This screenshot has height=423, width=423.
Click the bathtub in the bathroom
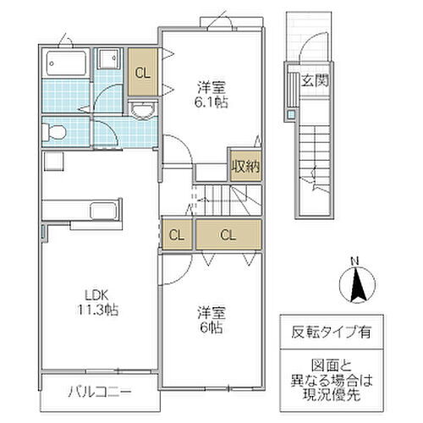(x=65, y=63)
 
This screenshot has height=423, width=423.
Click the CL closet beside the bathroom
(x=143, y=72)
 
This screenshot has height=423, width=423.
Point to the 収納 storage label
(x=243, y=166)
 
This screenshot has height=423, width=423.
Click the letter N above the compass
(x=358, y=260)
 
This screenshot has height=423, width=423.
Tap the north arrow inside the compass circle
(x=358, y=283)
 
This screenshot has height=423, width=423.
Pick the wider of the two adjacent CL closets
(x=228, y=234)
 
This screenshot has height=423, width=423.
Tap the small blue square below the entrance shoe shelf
(x=291, y=113)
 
